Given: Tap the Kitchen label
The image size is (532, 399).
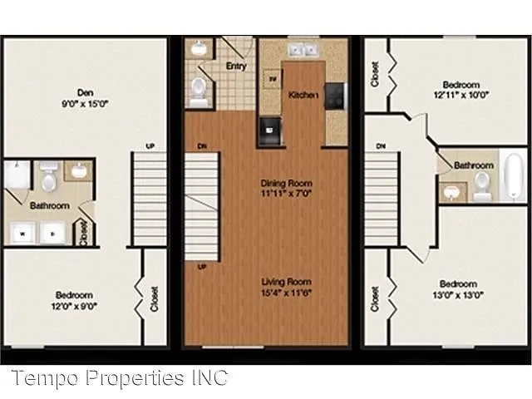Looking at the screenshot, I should pyautogui.click(x=303, y=96).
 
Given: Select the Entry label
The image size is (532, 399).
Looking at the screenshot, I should pyautogui.click(x=236, y=66).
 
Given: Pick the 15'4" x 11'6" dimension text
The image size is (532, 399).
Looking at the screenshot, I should pyautogui.click(x=285, y=293).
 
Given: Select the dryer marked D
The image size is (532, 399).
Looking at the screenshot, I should pyautogui.click(x=52, y=232).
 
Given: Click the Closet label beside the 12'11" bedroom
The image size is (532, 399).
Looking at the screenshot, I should pyautogui.click(x=376, y=75).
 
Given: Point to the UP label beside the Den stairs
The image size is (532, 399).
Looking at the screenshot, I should pyautogui.click(x=150, y=147).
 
